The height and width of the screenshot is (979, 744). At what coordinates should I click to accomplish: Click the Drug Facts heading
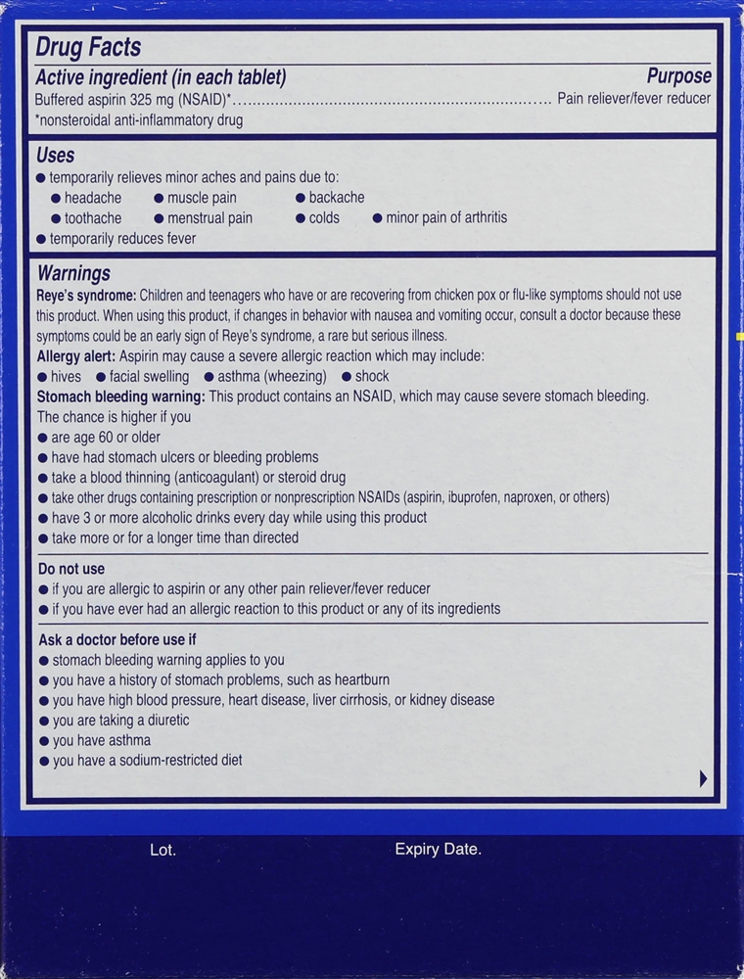(89, 46)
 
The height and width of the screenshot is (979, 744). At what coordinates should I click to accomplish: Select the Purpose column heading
(678, 76)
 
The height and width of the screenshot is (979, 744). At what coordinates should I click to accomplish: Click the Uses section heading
(55, 155)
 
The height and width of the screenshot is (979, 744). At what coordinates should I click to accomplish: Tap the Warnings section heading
(73, 274)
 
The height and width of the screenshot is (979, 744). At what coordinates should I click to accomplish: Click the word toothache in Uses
(93, 217)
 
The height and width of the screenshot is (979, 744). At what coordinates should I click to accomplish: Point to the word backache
(337, 197)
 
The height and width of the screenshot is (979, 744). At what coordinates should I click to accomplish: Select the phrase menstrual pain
(209, 217)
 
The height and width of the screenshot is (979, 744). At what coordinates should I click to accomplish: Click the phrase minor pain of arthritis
(446, 217)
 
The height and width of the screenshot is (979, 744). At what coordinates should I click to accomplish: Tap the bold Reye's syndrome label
(86, 295)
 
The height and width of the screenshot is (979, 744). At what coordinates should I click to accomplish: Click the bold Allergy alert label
(76, 355)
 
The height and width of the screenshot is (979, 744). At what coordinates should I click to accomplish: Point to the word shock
(372, 376)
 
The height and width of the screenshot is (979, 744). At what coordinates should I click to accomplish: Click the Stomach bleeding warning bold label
(120, 396)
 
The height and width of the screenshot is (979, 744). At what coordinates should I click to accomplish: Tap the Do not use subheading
(70, 569)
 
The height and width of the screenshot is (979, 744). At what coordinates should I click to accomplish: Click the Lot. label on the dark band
(163, 850)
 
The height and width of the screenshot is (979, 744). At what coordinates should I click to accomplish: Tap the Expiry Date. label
(438, 849)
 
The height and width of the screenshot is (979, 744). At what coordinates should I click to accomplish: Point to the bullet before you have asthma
(42, 741)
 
